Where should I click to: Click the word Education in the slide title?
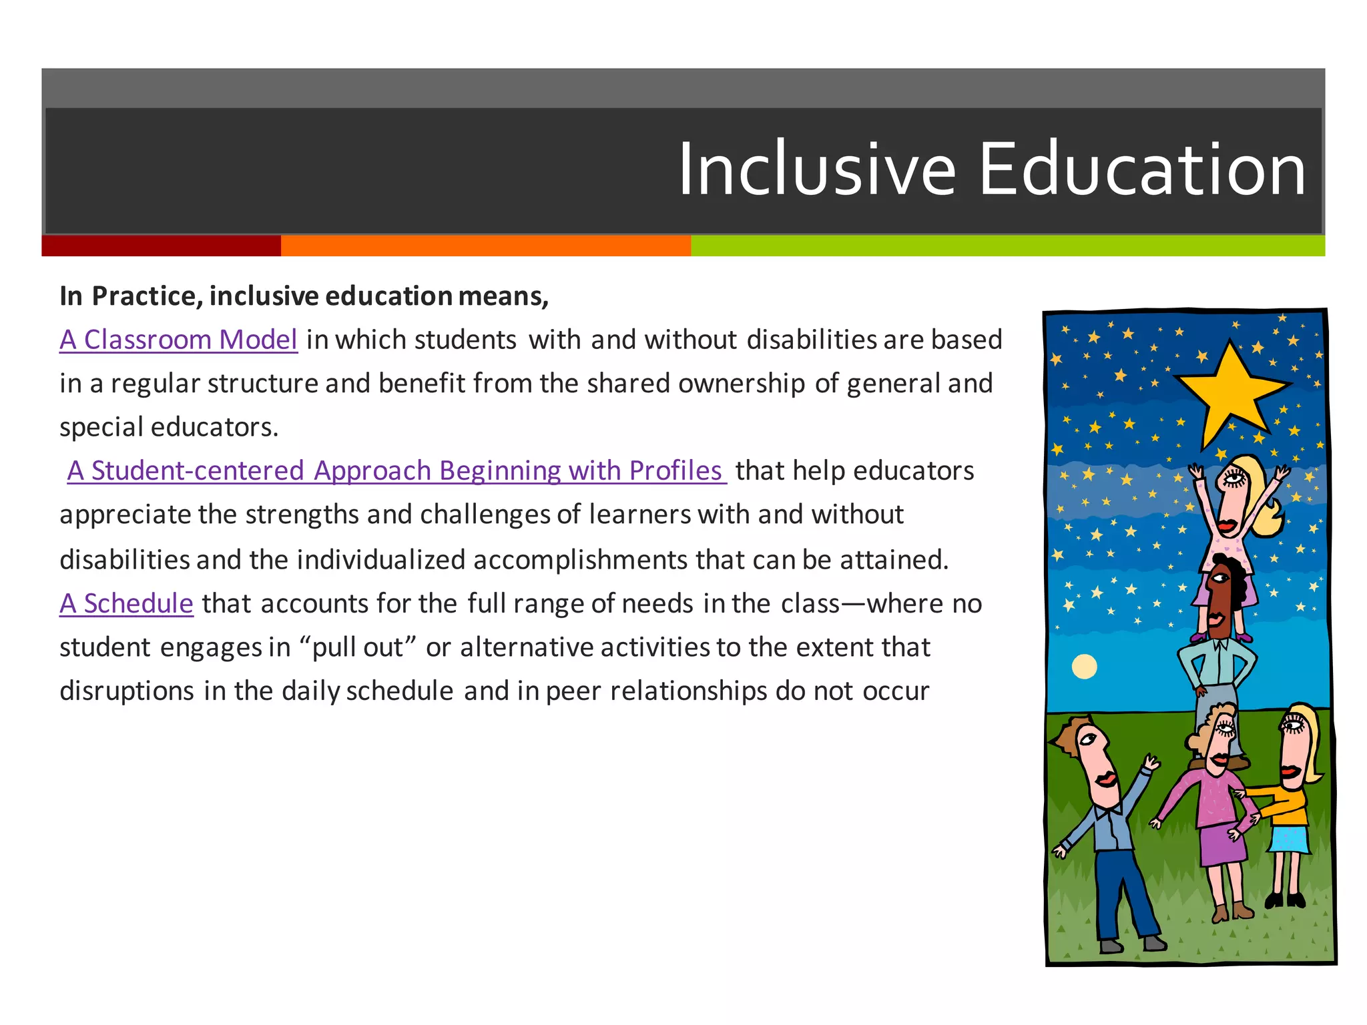1141,170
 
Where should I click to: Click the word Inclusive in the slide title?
817,170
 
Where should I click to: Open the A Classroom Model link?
178,340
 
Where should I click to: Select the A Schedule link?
126,603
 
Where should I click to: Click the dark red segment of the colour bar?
161,246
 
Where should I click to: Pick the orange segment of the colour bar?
485,246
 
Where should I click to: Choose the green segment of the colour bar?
1007,246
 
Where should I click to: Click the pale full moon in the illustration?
1084,666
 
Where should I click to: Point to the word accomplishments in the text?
580,560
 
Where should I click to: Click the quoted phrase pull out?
358,647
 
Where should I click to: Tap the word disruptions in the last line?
127,691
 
